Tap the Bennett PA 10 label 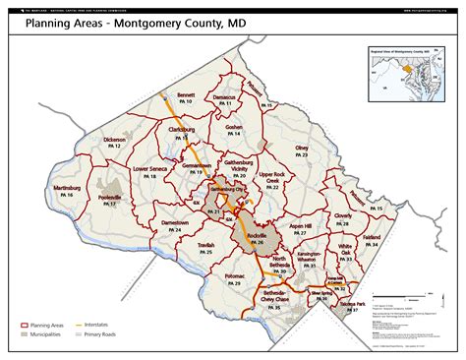(x=186, y=98)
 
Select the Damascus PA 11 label (x=224, y=100)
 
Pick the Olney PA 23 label (x=301, y=150)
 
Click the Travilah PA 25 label (x=205, y=248)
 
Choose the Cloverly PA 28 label (x=342, y=217)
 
